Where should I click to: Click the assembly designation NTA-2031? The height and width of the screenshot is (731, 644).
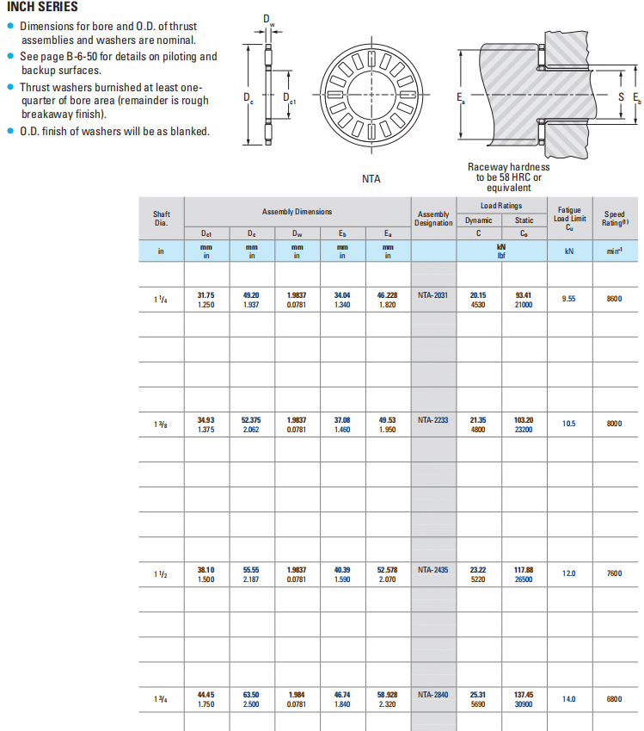pyautogui.click(x=432, y=294)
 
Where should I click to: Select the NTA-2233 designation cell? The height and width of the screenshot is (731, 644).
pyautogui.click(x=432, y=420)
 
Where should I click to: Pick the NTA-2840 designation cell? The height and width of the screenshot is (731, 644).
pyautogui.click(x=432, y=695)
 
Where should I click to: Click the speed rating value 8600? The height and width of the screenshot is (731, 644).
pyautogui.click(x=614, y=299)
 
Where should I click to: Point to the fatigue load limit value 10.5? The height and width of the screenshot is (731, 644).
pyautogui.click(x=569, y=424)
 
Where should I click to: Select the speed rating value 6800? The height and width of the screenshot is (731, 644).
pyautogui.click(x=614, y=699)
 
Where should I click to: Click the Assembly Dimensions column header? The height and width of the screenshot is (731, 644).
pyautogui.click(x=297, y=212)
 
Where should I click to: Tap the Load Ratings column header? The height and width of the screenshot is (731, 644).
pyautogui.click(x=500, y=206)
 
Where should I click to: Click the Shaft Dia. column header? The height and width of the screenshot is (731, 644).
pyautogui.click(x=162, y=218)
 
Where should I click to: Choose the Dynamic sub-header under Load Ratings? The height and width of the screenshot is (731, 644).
pyautogui.click(x=479, y=220)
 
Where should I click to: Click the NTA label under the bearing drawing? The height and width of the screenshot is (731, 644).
pyautogui.click(x=371, y=179)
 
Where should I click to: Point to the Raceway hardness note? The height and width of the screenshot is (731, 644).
pyautogui.click(x=508, y=177)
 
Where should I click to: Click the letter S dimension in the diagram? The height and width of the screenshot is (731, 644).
pyautogui.click(x=622, y=97)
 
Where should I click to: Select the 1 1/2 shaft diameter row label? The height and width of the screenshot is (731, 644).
pyautogui.click(x=161, y=573)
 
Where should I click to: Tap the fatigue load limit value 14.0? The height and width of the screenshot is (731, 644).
pyautogui.click(x=569, y=699)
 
